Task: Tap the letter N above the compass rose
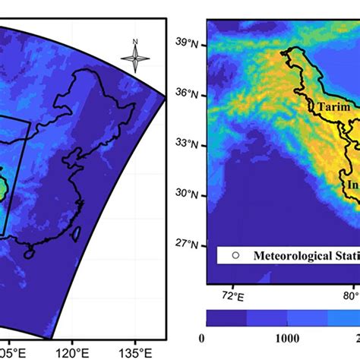click(135, 41)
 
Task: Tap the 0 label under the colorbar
click(201, 338)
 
